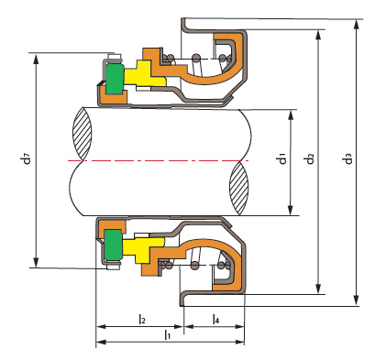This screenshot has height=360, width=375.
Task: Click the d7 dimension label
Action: pos(28,159)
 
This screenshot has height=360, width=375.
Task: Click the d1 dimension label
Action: pos(282,159)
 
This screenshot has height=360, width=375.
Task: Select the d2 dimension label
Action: pos(310,159)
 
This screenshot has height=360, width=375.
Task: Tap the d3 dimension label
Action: pos(348,159)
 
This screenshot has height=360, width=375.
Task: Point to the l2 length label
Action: pos(142,319)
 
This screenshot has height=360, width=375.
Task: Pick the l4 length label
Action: pos(215,319)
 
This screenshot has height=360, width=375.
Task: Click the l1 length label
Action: pos(167,334)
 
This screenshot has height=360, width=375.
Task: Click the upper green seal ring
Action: pos(115,79)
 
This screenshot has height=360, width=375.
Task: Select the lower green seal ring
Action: pos(114,245)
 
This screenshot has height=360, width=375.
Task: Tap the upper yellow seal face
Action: pos(143,74)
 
